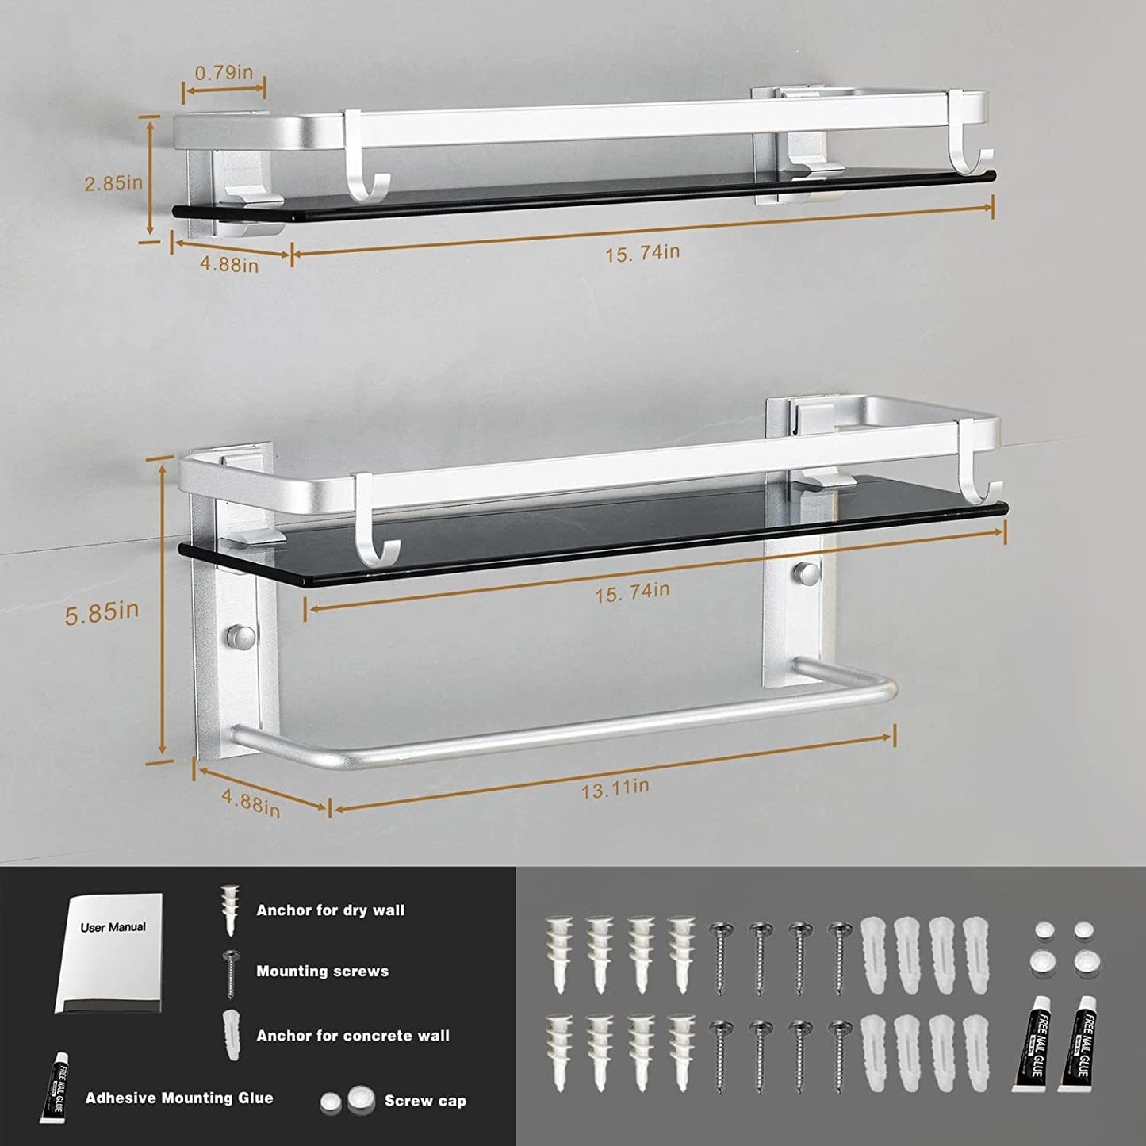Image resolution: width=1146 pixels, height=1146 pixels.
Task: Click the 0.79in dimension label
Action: coord(224,72)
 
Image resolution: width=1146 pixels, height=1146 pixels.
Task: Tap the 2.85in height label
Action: coord(113,182)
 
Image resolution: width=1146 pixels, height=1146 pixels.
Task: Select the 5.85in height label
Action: coord(102,612)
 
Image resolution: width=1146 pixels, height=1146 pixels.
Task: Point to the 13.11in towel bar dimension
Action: coord(615,788)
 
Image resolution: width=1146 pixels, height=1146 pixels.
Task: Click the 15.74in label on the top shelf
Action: coord(642,253)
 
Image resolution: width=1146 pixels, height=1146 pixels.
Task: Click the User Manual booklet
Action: coord(111,952)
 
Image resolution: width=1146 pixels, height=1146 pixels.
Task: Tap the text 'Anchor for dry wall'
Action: coord(330,910)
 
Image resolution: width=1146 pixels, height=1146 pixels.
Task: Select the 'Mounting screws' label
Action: coord(322,971)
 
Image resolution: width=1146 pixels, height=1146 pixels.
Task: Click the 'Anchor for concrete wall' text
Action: coord(352,1035)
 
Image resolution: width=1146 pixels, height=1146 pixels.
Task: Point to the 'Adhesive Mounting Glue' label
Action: coord(179,1098)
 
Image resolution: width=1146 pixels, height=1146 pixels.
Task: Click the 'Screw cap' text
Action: coord(425,1101)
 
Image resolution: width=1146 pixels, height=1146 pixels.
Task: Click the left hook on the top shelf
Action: coord(363,159)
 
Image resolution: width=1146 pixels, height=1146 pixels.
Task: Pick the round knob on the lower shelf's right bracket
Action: coord(808,572)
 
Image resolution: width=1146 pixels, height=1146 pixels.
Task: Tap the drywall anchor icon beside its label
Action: coord(229,910)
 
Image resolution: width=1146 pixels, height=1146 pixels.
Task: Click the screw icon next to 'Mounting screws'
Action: coord(231,972)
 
